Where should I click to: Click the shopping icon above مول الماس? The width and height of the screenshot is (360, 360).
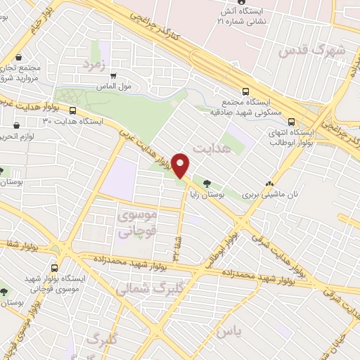tap(112, 77)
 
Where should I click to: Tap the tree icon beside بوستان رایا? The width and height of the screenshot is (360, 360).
tap(206, 184)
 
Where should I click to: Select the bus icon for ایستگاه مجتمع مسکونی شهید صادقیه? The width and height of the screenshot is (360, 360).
tap(245, 91)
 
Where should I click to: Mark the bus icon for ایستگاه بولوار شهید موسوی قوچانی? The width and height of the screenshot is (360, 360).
tap(55, 267)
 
